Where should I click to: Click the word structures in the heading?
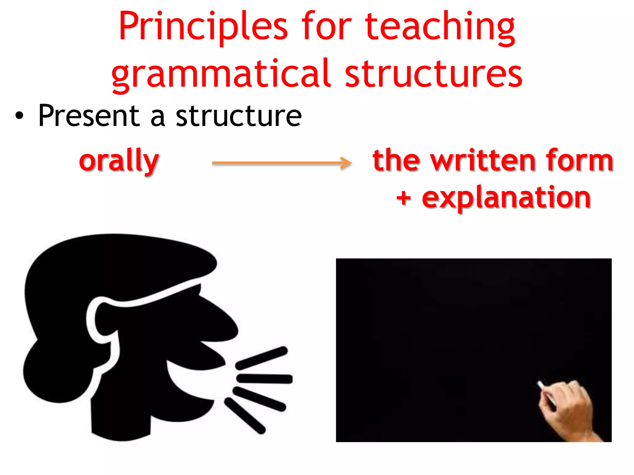point(433,74)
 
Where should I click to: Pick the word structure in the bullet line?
point(239,116)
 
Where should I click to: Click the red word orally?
point(119,161)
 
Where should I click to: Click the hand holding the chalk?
point(567,408)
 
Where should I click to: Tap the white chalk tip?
point(540,384)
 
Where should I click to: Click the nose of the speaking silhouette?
point(223,325)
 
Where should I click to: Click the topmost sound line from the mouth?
point(262,358)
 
